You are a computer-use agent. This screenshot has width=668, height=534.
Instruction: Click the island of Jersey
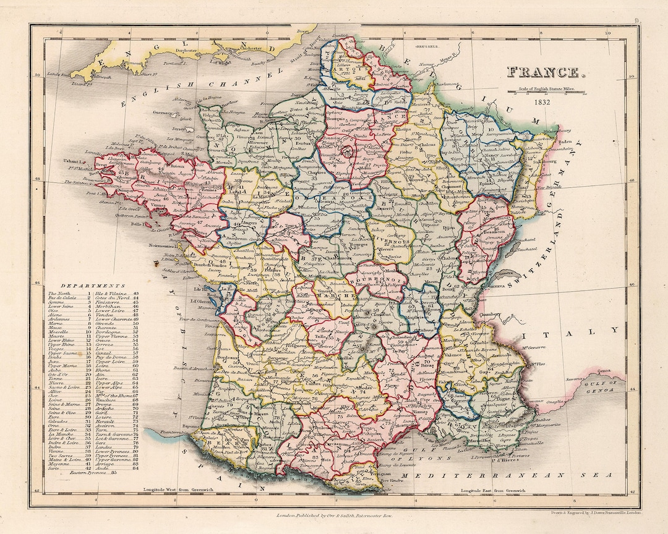click(180, 130)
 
